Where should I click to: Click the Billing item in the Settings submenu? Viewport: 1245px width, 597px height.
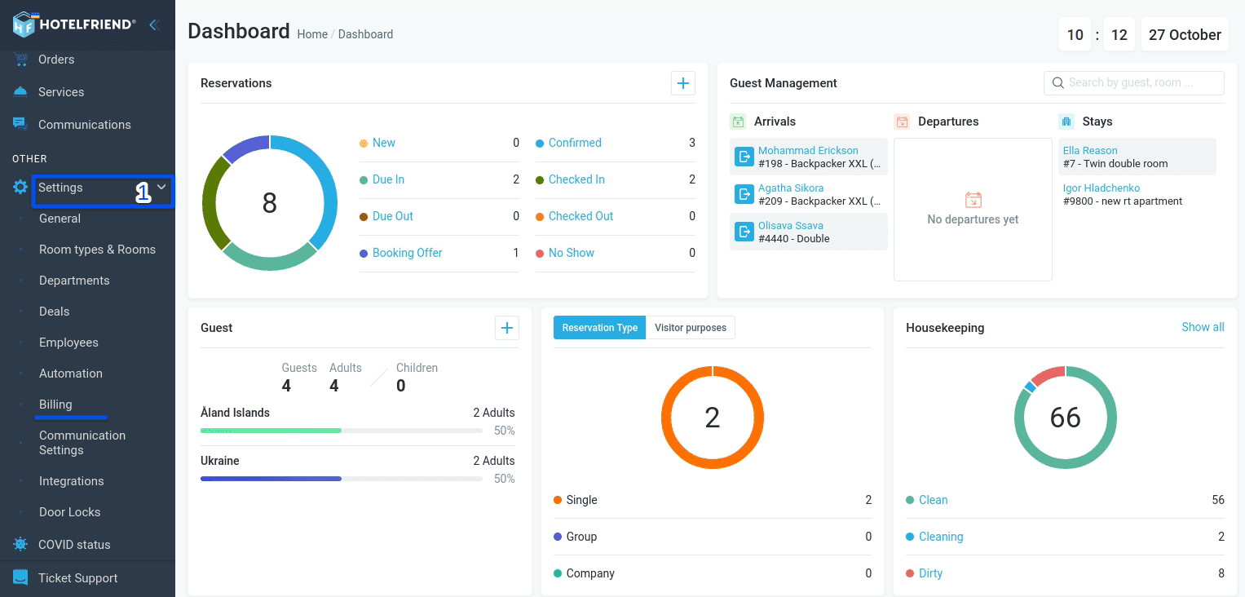click(55, 404)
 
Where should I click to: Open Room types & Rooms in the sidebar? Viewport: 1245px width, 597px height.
click(97, 250)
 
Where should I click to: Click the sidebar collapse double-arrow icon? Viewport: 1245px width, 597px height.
click(155, 24)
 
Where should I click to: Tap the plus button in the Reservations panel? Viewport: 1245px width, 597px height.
click(683, 83)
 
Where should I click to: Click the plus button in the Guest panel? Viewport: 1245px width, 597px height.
click(507, 328)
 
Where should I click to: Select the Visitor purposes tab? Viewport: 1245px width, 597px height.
click(691, 327)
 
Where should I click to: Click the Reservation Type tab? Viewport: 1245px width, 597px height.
click(600, 327)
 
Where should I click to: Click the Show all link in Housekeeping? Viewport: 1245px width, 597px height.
click(1203, 327)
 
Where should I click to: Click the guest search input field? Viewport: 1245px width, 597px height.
click(1134, 83)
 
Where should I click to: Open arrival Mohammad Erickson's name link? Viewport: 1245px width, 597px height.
click(808, 151)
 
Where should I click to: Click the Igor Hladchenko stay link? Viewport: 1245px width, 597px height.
click(1101, 188)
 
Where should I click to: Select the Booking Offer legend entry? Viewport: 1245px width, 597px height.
click(407, 253)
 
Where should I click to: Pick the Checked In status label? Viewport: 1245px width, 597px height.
click(576, 179)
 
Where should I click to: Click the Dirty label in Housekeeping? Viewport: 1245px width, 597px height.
click(930, 573)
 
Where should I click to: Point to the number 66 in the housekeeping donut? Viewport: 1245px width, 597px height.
click(1065, 418)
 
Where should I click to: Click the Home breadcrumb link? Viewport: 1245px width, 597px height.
click(312, 34)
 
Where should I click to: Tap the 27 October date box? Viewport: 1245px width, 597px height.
click(1185, 34)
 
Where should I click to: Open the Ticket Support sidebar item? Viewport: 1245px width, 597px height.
click(77, 578)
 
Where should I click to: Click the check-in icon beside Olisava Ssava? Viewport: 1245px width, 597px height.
click(744, 232)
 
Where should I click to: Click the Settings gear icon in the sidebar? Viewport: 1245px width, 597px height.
click(20, 188)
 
